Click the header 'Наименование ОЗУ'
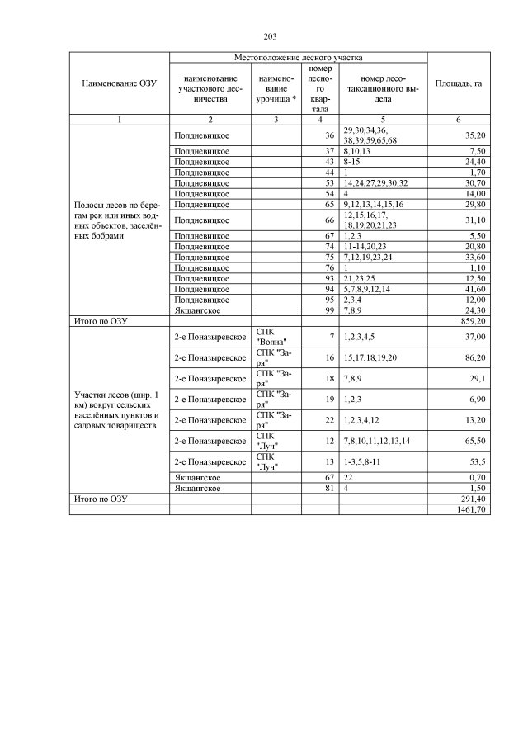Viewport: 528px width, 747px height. coord(119,83)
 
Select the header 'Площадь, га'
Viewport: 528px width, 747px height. coord(458,83)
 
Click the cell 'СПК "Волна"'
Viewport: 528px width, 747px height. coord(271,337)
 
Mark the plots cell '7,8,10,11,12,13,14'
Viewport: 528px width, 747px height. coord(382,441)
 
